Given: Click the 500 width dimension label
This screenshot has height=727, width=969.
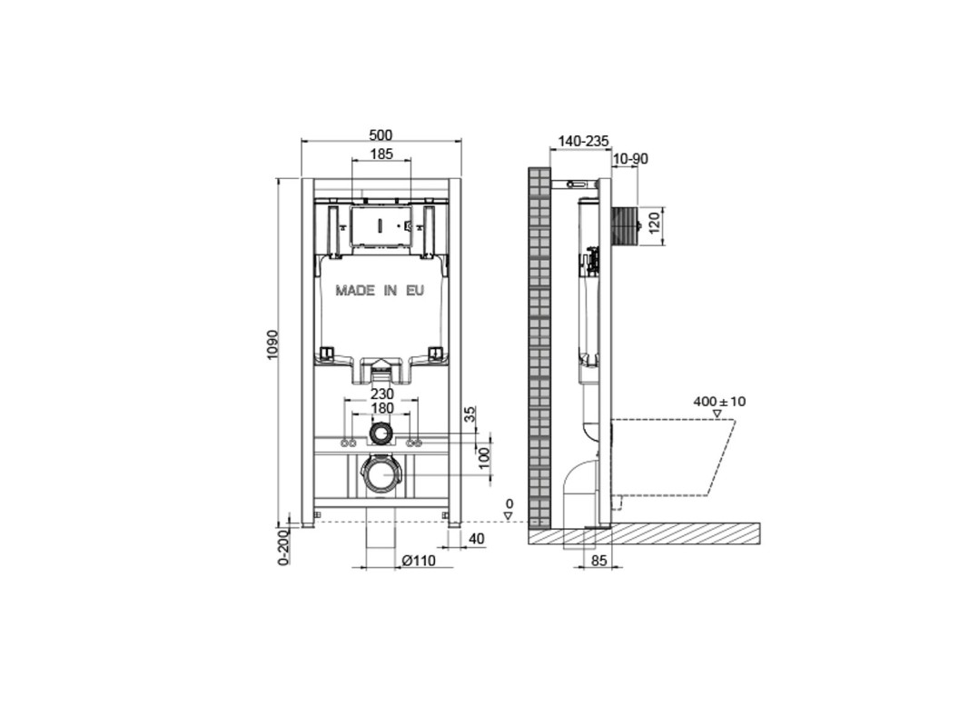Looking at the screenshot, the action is (x=381, y=134).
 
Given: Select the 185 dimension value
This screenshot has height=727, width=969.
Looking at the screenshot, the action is (x=381, y=154).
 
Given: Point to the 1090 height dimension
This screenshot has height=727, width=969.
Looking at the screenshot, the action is (x=273, y=346).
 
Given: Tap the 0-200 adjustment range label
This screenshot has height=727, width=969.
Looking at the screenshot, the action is (x=283, y=548).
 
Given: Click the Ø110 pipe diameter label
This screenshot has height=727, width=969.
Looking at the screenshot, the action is (x=419, y=561).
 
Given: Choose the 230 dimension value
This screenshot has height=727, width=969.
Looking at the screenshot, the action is (x=382, y=393).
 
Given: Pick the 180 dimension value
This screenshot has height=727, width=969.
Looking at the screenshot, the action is (x=382, y=408).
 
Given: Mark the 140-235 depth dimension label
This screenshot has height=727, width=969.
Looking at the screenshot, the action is (x=583, y=142).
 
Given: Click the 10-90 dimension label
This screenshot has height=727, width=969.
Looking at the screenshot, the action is (x=630, y=159).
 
